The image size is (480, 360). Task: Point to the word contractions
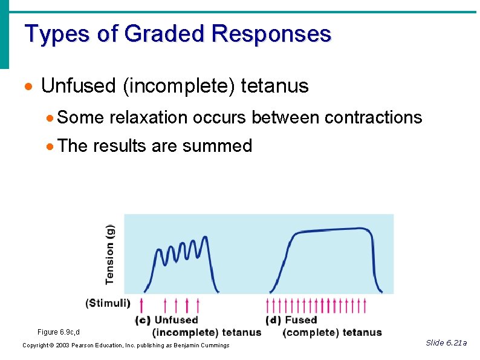coord(373,117)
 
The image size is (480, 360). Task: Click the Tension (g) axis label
coord(110,254)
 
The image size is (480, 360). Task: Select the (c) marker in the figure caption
coord(143,320)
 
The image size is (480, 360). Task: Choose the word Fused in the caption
coord(300,320)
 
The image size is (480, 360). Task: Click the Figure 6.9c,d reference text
coord(59,332)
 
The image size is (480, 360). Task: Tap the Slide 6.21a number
coord(446,343)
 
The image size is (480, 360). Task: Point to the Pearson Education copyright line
coord(126,345)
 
